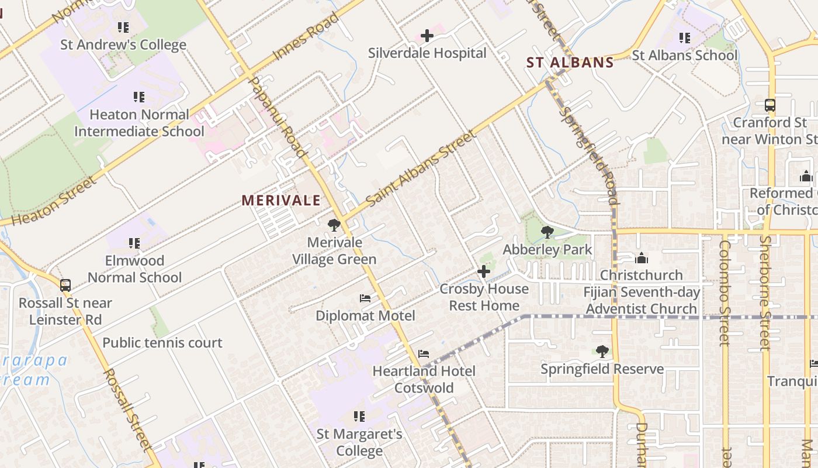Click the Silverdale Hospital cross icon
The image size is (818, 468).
coord(427,36)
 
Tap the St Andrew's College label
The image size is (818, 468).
coord(123,44)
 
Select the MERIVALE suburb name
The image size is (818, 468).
coord(281,201)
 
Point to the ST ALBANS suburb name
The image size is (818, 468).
coord(570,63)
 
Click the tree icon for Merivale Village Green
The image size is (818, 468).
coord(334,225)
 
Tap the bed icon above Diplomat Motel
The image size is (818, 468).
coord(365,298)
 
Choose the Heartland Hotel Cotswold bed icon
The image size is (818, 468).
coord(424,354)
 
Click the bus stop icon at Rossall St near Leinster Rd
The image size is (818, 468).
coord(65,285)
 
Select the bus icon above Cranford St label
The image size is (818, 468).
coord(770,105)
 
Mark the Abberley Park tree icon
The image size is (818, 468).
coord(547,232)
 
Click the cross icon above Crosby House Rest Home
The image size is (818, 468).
coord(484,271)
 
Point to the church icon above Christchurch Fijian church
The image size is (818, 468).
coord(642,258)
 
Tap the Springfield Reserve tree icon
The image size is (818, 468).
coord(602,352)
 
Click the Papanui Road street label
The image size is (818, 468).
coord(278,117)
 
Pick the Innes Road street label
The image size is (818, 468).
coord(306,36)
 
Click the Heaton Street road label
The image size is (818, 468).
coord(53,202)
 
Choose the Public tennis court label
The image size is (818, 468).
coord(162,343)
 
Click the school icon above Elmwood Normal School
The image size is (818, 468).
coord(134,243)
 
